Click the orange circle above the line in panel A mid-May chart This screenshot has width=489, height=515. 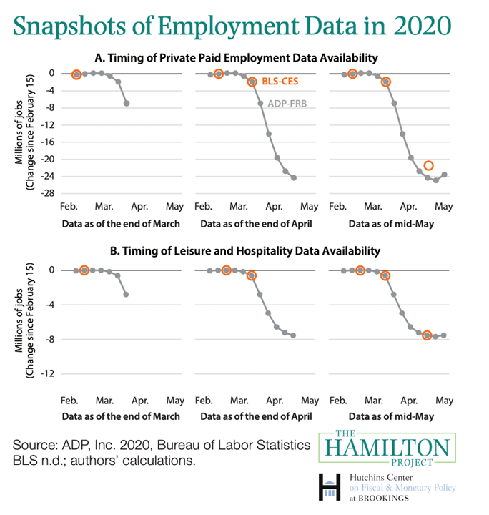coord(428,166)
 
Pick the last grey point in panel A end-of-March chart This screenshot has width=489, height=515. coord(127,103)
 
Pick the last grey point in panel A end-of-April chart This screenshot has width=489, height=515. coord(294,177)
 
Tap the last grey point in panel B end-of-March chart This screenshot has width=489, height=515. coord(127,294)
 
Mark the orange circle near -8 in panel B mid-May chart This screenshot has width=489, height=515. coord(427,335)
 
